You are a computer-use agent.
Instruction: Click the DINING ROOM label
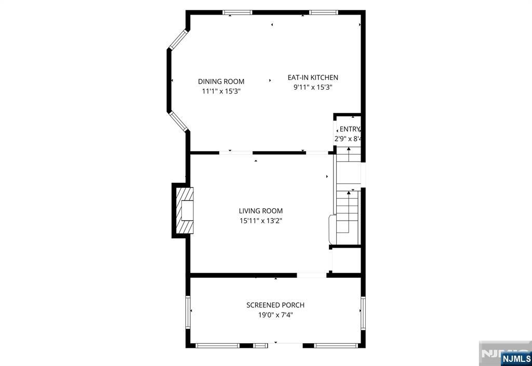point(221,82)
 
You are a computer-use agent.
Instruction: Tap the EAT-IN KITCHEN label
point(313,78)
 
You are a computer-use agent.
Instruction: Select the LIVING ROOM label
point(261,211)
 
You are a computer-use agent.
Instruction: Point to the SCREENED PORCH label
point(275,305)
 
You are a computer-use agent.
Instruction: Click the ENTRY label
point(349,129)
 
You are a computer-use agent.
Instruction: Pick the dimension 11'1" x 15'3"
point(221,91)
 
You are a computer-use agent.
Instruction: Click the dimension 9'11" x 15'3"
point(313,87)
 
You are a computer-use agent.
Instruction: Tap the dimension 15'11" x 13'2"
point(261,220)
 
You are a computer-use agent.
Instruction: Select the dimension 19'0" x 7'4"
point(275,315)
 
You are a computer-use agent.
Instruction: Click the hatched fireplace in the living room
point(185,210)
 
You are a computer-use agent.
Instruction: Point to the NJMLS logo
point(516,358)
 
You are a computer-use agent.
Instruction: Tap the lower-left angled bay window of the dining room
point(178,121)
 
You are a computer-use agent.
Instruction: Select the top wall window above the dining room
point(237,12)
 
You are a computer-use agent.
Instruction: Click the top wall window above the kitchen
point(323,12)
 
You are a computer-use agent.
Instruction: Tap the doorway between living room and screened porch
point(312,275)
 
